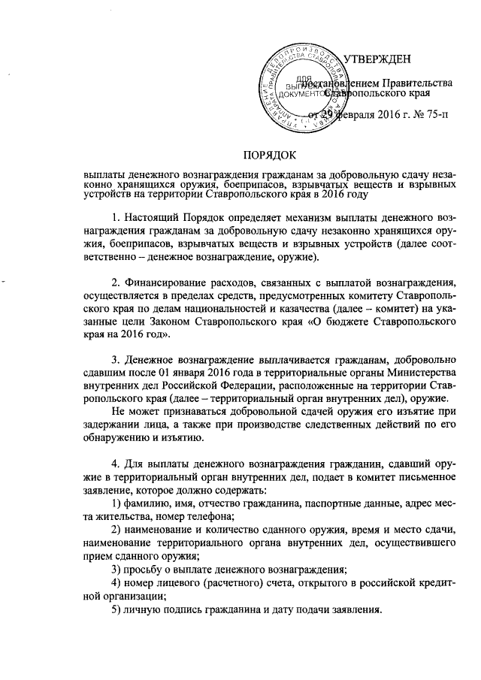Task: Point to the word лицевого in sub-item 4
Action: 183,583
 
